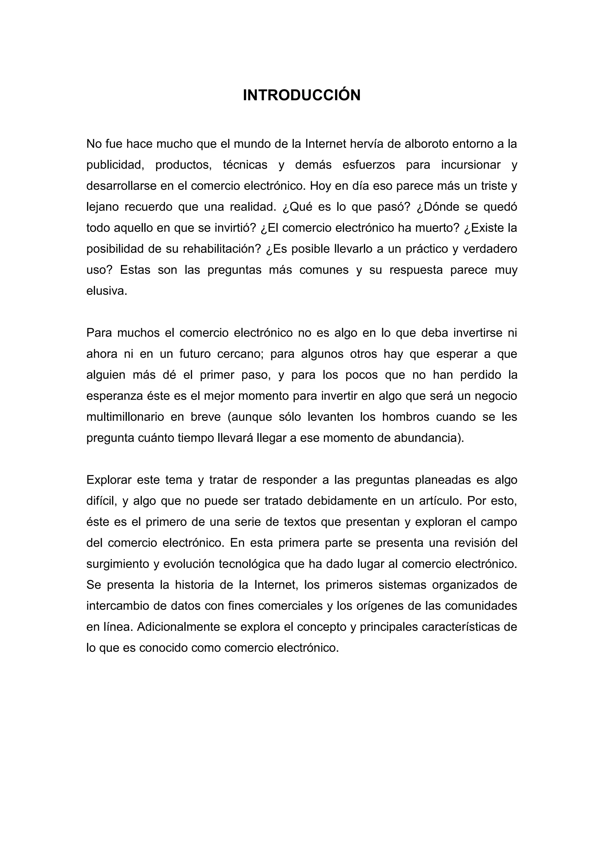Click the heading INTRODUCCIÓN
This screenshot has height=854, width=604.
(302, 95)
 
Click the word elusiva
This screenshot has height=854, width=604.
(107, 291)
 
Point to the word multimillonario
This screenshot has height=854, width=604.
(125, 417)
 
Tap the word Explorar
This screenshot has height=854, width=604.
(109, 480)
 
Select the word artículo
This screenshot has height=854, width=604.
(440, 501)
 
